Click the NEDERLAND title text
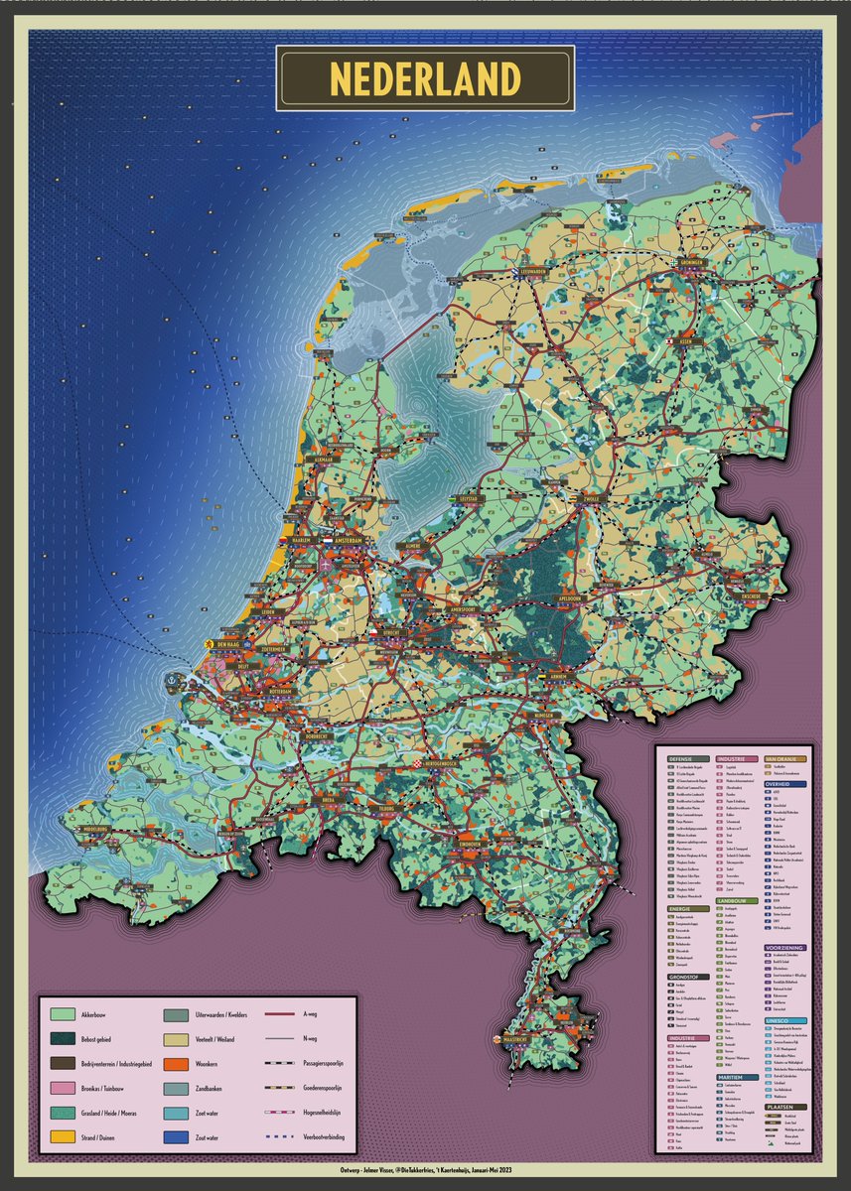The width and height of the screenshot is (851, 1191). [425, 78]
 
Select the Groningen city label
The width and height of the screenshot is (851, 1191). [692, 263]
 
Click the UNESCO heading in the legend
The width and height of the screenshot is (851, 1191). [778, 1020]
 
